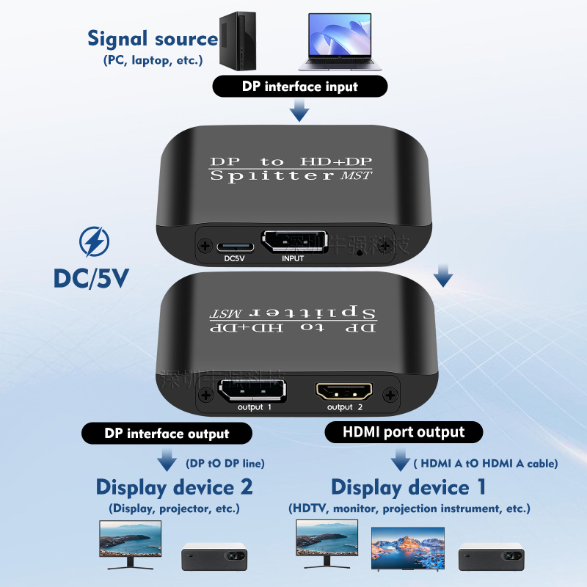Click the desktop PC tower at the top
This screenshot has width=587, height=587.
coord(241,41)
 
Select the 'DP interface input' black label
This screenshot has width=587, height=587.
coord(299,87)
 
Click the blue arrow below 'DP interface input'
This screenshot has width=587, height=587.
coord(299,112)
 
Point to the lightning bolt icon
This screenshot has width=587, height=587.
coord(93,243)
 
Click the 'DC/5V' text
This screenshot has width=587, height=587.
coord(92,278)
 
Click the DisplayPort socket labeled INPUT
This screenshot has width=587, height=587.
coord(293,243)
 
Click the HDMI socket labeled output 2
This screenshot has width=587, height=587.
coord(344,390)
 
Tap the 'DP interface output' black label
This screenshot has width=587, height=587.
coord(167,434)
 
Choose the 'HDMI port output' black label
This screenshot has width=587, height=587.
coord(404,432)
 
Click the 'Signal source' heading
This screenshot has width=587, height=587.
coord(153,39)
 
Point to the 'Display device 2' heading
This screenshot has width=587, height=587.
coord(175,486)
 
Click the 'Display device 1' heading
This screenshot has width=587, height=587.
coord(409,487)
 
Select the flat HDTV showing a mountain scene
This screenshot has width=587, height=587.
coord(407,547)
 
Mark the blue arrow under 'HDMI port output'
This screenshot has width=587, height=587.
coord(401,461)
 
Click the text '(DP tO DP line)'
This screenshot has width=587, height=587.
coord(225,463)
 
